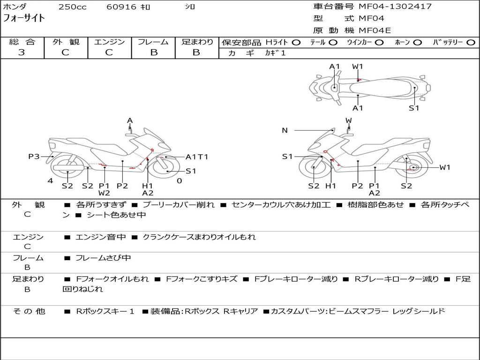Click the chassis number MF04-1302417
coord(395,7)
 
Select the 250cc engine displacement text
coord(72,7)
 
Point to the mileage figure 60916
coord(121,7)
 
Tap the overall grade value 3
coord(22,52)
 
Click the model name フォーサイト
coord(24,18)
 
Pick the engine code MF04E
coord(375,30)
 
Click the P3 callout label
coord(34,157)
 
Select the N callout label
coord(285,130)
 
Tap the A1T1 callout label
coord(197,157)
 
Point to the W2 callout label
coord(104,193)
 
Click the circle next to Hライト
coord(296,42)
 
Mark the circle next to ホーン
coord(417,42)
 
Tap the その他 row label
coord(29,311)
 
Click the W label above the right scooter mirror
coord(349,121)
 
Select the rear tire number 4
coord(50,181)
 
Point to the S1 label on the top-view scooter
coord(413,108)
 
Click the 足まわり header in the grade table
coord(197,42)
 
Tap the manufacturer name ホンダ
coord(15,7)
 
